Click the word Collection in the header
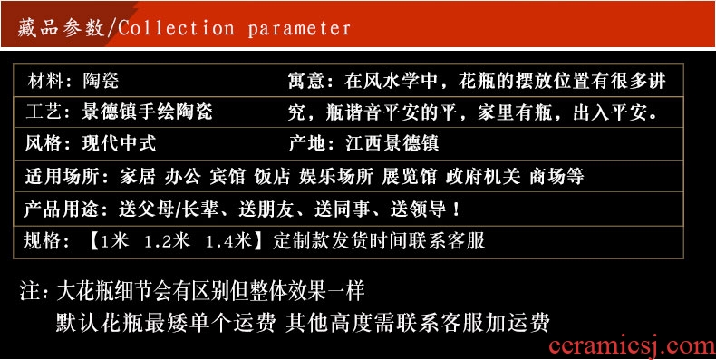[x=177, y=28]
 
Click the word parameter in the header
[x=299, y=29]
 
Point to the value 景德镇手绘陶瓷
[x=147, y=112]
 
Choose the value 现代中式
[x=119, y=143]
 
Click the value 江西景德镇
[x=392, y=143]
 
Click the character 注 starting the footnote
[x=30, y=291]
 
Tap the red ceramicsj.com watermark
[x=632, y=347]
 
